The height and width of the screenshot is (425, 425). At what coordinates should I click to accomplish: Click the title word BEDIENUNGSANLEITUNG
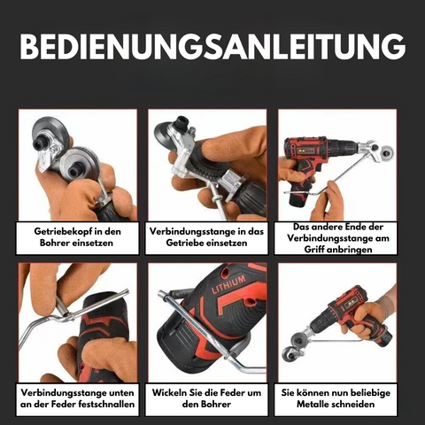tap(212, 47)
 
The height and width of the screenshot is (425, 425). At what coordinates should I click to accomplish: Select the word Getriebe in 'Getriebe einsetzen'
tap(184, 243)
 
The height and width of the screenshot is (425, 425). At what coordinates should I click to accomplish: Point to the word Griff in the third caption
tap(314, 250)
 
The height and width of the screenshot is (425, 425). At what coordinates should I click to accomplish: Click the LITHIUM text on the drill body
tap(228, 284)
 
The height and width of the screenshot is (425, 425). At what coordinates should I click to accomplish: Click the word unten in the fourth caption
tap(121, 393)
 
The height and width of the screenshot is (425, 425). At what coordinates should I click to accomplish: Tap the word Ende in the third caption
tap(339, 227)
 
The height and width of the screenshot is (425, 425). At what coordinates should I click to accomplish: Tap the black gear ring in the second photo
tap(208, 169)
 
